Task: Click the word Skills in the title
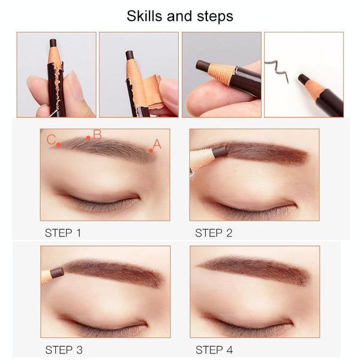145,16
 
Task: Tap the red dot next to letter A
151,151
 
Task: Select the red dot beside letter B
88,138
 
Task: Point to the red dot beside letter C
59,145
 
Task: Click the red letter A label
157,144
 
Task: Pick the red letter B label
97,135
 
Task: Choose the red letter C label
51,140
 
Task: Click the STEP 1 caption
63,233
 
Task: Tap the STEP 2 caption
214,233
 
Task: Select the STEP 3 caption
64,350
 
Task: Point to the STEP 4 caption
214,350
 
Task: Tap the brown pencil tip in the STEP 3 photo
57,273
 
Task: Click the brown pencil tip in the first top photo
53,43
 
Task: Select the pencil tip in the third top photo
202,65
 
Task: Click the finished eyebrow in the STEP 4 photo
254,270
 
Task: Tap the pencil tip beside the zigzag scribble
303,79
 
